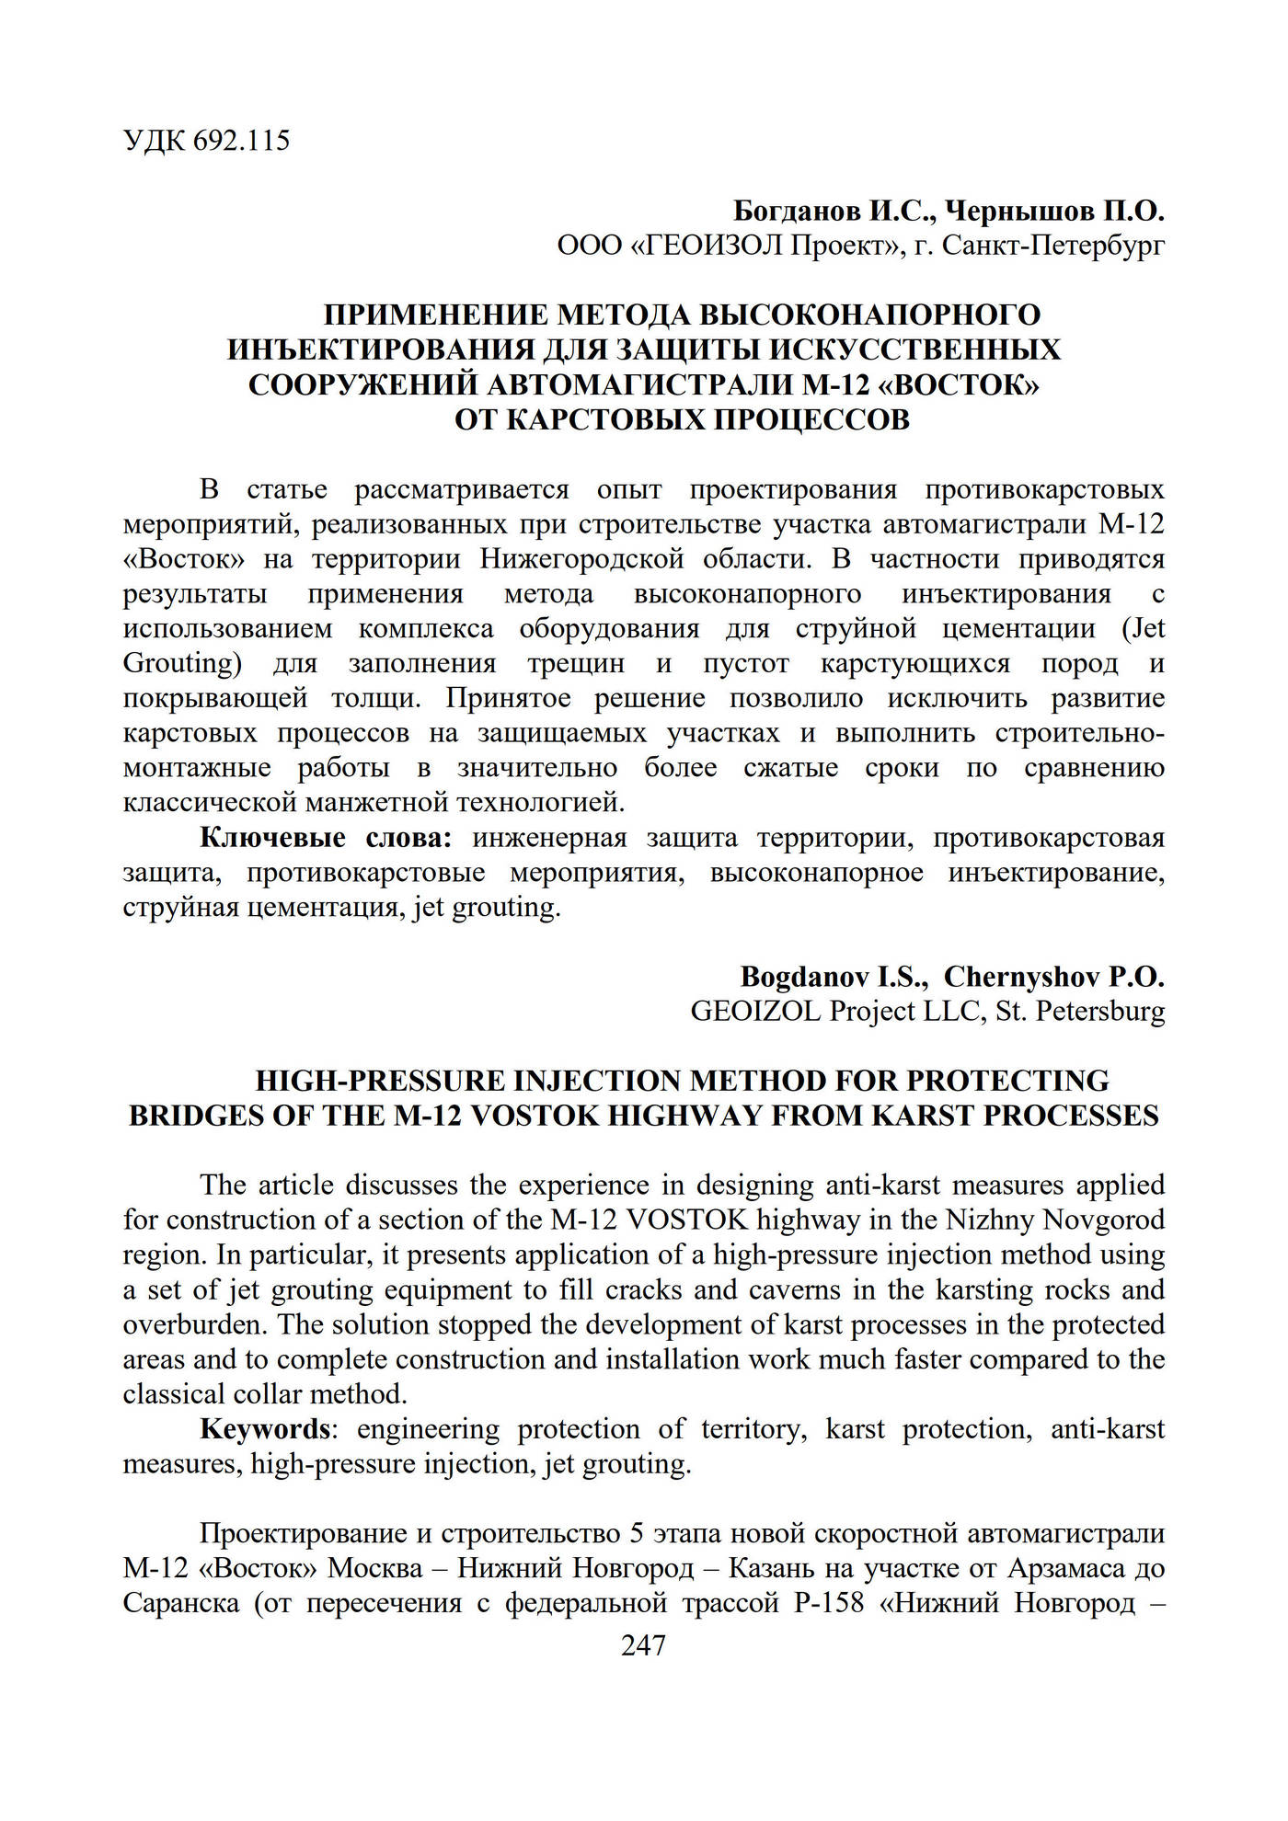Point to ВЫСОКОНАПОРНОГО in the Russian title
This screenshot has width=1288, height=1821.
tap(870, 315)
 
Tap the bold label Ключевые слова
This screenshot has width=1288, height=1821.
tap(327, 838)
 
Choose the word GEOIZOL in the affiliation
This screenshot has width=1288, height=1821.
tap(755, 1012)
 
